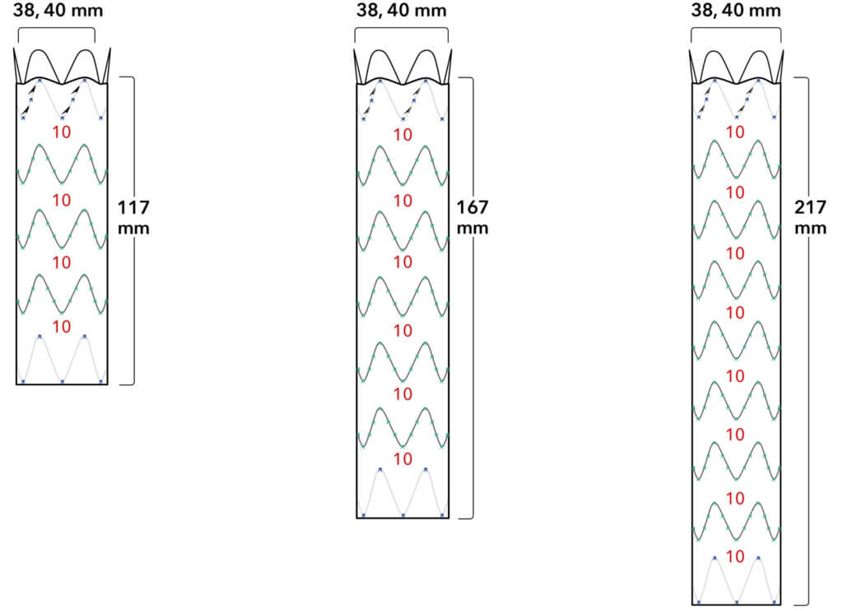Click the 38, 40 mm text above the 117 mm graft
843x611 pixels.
pos(57,12)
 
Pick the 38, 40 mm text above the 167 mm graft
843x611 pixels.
pos(401,12)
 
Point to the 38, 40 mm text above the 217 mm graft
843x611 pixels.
pos(735,12)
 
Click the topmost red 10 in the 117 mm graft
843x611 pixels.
pos(62,132)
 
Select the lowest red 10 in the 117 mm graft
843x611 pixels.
pos(62,326)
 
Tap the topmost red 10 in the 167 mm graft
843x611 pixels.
pos(403,135)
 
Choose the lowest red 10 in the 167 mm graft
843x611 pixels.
pos(403,458)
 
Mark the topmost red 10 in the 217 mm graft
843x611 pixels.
pos(737,132)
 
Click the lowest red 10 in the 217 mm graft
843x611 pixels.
pos(737,557)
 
